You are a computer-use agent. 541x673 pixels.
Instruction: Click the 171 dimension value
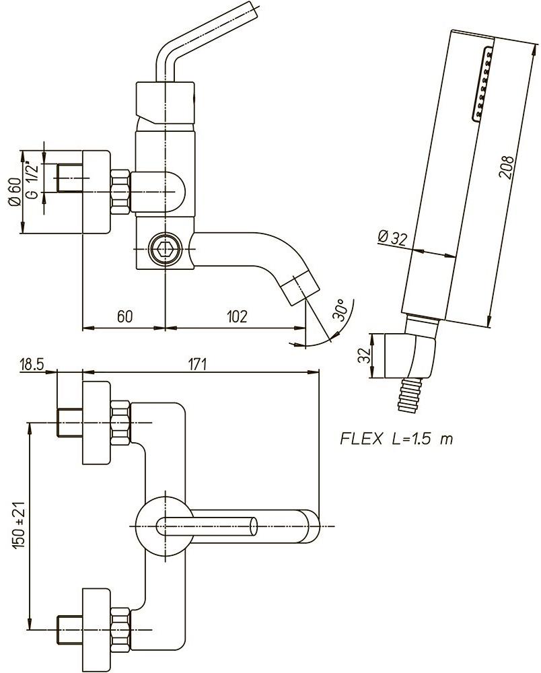click(197, 364)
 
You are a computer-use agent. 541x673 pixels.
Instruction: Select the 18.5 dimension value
click(32, 364)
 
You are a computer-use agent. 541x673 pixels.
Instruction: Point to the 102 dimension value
click(236, 316)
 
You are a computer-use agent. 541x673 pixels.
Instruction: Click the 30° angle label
click(340, 310)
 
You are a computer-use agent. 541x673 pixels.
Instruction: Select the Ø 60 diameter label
click(13, 192)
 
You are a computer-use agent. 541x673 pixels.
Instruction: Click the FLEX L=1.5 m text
click(396, 439)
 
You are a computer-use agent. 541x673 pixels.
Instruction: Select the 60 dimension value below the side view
click(124, 316)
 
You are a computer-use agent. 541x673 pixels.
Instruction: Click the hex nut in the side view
click(120, 190)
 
